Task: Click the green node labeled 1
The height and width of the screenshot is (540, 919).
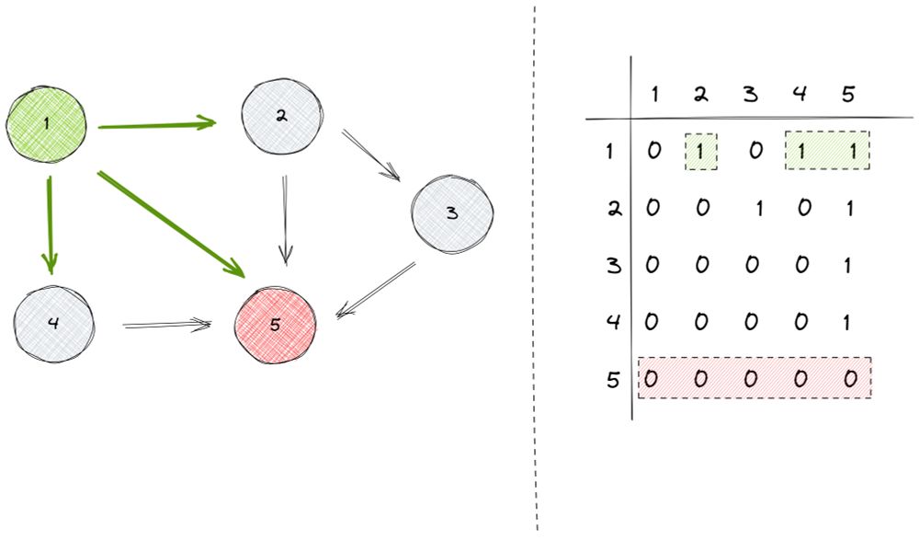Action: tap(46, 122)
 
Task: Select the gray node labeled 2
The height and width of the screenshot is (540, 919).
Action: tap(282, 117)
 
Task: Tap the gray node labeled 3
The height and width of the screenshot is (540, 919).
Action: tap(451, 213)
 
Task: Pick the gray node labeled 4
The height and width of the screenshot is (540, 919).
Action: tap(54, 325)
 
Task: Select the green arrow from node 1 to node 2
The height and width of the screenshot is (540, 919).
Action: tap(156, 124)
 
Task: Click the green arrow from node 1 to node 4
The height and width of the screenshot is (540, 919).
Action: tap(51, 225)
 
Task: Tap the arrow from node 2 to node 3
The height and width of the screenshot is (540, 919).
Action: tap(370, 155)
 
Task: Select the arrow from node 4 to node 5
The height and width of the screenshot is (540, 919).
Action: tap(167, 325)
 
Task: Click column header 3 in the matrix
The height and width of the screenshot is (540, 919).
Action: tap(751, 93)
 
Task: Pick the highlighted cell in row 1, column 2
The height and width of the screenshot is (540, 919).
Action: tap(701, 151)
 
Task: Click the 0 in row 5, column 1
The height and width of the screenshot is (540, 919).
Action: tap(652, 378)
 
